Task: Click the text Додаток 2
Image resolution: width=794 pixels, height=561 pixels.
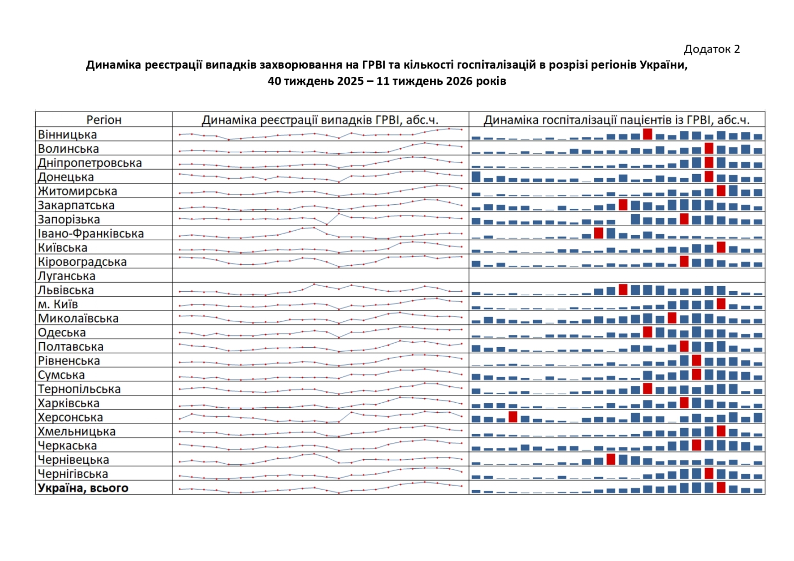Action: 712,49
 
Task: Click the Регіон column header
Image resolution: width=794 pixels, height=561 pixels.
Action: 104,120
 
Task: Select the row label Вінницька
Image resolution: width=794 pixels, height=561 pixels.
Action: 67,134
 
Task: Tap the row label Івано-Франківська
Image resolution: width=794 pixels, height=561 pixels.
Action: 91,234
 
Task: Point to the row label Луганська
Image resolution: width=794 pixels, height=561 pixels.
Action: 66,276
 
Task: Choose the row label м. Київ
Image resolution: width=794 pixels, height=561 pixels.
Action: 58,304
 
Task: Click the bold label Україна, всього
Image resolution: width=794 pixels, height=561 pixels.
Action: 83,488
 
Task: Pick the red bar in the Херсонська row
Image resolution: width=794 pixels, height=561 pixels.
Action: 513,417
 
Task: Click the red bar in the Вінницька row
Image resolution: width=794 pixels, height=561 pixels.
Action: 648,134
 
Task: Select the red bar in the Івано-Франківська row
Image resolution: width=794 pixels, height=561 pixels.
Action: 598,233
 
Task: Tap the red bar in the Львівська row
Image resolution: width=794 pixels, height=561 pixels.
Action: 623,290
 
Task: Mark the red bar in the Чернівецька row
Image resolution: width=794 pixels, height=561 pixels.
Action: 611,459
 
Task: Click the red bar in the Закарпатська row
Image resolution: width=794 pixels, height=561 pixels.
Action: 623,205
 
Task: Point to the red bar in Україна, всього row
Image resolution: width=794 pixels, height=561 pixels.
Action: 721,488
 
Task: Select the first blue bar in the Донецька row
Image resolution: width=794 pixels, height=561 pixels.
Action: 476,177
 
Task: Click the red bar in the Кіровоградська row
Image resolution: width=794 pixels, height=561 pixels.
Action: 684,261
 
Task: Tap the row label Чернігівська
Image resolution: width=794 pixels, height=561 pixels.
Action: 73,474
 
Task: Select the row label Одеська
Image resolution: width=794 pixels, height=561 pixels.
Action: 62,332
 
